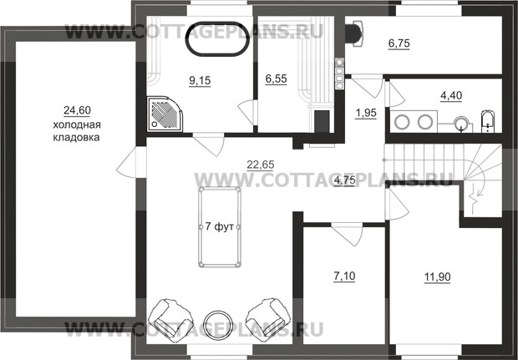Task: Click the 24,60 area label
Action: tap(77, 110)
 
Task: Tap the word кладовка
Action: tap(76, 137)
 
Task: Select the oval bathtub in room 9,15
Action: tap(217, 39)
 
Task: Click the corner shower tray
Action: tap(165, 114)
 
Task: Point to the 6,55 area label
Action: tap(277, 79)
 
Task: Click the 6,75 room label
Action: tap(399, 43)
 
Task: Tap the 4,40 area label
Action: tap(451, 95)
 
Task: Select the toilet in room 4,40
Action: tap(488, 121)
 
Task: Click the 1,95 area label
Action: tap(366, 113)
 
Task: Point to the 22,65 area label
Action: tap(261, 165)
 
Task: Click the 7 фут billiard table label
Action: tap(220, 227)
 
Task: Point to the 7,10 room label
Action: tap(344, 276)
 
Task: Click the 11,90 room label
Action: tap(437, 276)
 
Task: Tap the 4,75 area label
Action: tap(344, 180)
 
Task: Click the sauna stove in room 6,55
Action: tap(322, 122)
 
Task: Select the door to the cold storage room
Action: tap(131, 163)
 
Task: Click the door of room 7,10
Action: tap(348, 234)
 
